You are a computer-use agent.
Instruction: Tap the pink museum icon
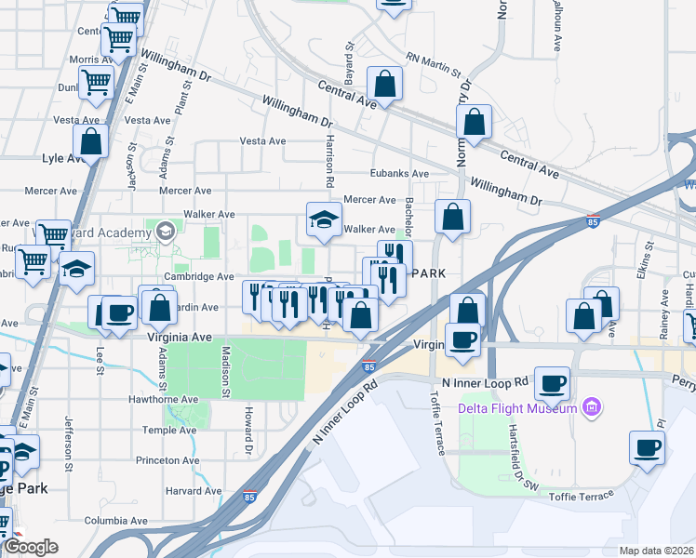click(x=590, y=407)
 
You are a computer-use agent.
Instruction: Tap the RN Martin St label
click(x=434, y=65)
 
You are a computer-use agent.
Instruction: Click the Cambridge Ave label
click(x=198, y=277)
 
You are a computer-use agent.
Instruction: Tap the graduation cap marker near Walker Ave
click(x=324, y=219)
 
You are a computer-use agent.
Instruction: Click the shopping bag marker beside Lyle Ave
click(x=90, y=142)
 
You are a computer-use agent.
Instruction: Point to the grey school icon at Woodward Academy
click(x=166, y=231)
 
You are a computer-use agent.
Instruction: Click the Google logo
click(x=31, y=547)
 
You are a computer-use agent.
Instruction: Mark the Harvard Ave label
click(x=194, y=491)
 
